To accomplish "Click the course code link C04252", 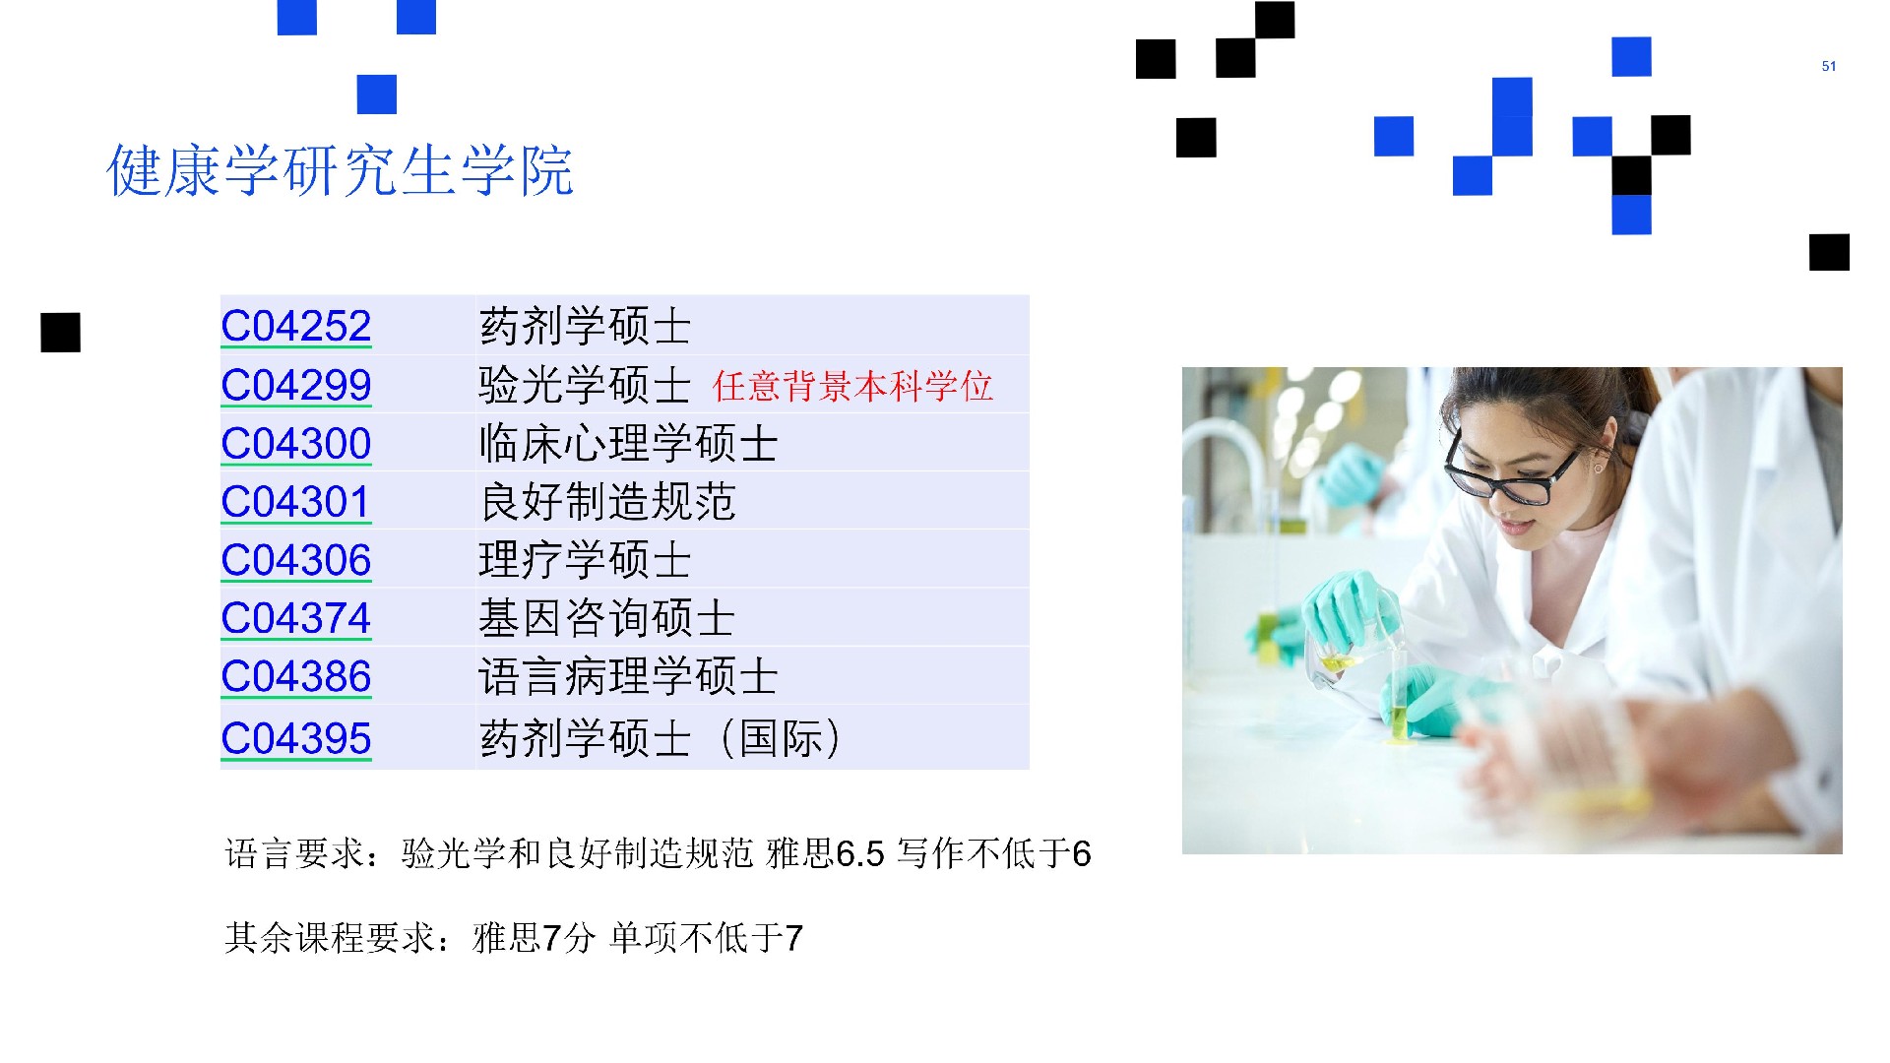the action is (x=296, y=326).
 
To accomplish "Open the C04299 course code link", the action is (x=296, y=385).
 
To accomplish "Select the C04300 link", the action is (x=296, y=443).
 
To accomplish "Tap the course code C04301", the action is (x=296, y=502).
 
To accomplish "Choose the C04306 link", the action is (x=296, y=560).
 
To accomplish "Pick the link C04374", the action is (x=296, y=618).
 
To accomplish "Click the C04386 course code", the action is (x=296, y=677).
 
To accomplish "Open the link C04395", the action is (x=296, y=738).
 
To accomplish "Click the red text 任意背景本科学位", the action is (x=852, y=386).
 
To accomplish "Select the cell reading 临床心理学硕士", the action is (x=628, y=443).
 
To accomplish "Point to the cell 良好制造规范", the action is (x=607, y=502).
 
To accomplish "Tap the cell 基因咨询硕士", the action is (x=607, y=618).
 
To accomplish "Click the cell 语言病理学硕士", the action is (x=628, y=677).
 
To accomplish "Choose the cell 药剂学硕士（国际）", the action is (x=661, y=738).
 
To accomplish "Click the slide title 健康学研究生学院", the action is (x=340, y=170).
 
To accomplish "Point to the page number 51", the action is (x=1829, y=66).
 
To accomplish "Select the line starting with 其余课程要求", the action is (x=514, y=937).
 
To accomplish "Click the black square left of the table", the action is (x=60, y=333).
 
